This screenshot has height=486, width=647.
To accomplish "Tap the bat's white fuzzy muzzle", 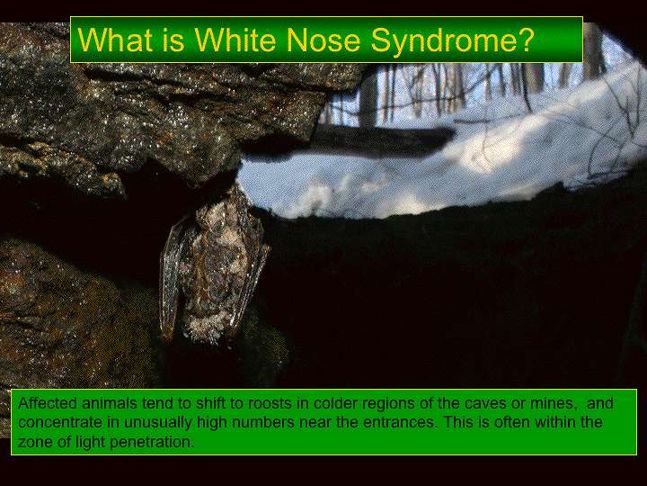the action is click(205, 329).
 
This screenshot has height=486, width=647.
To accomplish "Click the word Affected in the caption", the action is click(48, 402).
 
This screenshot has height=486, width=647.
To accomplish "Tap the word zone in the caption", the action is click(35, 443).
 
